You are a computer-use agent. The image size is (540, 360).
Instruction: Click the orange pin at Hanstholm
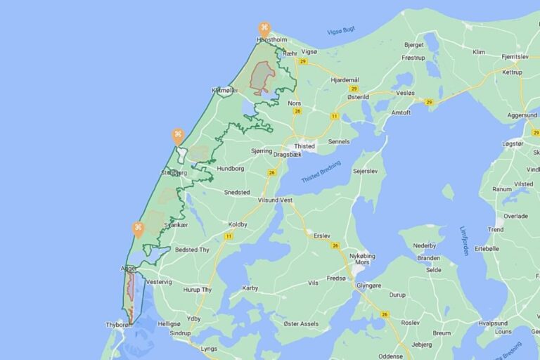(264, 30)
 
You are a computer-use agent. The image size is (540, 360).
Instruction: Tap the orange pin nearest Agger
(138, 229)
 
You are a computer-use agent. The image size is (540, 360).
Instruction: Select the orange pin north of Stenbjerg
(178, 136)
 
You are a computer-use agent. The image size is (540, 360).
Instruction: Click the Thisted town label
(304, 146)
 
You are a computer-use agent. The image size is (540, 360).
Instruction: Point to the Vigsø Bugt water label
(341, 31)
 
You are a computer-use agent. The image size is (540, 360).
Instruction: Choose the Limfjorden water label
(464, 240)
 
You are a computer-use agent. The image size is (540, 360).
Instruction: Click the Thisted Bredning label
(321, 172)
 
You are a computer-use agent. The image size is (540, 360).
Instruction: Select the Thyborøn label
(120, 324)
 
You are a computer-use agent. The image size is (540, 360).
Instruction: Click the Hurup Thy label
(198, 290)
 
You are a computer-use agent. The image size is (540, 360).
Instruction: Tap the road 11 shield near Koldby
(229, 236)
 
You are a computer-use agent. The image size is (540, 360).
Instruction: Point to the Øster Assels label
(300, 324)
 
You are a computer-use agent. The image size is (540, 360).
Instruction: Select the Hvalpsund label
(492, 323)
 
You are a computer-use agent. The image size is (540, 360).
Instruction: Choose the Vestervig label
(157, 282)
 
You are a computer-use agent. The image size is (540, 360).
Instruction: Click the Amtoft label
(401, 112)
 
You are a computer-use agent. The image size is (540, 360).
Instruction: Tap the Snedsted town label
(237, 192)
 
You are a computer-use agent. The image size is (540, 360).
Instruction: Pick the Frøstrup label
(413, 58)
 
